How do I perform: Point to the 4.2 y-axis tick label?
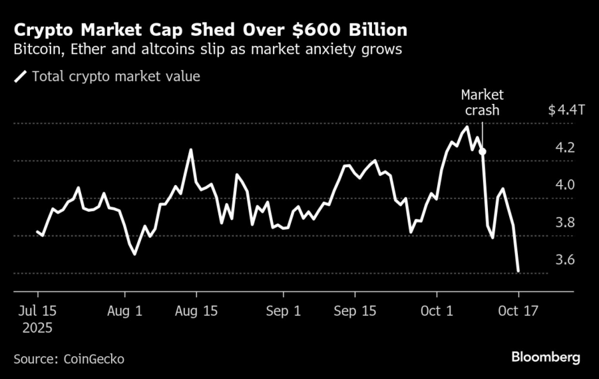point(566,148)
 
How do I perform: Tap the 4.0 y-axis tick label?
point(566,185)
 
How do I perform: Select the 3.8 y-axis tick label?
point(566,222)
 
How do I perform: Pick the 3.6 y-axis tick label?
point(566,260)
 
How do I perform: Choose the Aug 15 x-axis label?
point(197,310)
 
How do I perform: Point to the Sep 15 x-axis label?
point(354,310)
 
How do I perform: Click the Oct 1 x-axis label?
point(437,310)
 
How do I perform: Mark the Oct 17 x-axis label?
point(518,310)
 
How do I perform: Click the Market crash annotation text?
point(482,103)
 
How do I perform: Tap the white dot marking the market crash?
point(483,152)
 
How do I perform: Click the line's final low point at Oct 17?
point(518,271)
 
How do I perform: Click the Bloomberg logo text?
point(545,358)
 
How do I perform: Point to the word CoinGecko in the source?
point(95,359)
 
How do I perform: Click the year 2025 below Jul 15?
point(37,328)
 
